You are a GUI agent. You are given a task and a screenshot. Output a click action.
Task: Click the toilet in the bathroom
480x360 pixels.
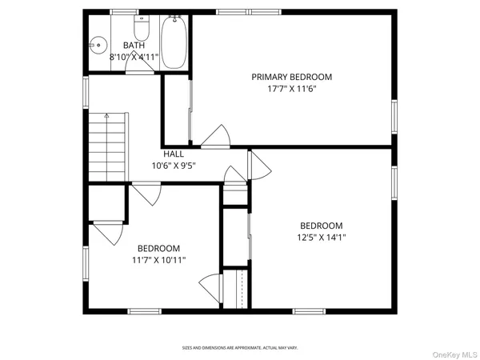[x=142, y=27]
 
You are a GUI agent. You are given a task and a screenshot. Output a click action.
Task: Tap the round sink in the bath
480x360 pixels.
[x=98, y=46]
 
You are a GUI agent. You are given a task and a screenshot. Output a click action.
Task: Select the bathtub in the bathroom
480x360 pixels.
[x=174, y=42]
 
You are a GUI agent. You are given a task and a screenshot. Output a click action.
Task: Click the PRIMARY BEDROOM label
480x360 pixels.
[x=292, y=77]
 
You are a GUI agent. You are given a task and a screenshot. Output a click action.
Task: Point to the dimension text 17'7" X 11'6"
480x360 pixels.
[x=292, y=89]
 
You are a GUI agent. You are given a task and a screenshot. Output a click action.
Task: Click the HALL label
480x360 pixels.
[x=174, y=154]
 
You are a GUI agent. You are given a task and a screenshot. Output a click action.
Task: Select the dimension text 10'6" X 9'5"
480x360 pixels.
[x=174, y=166]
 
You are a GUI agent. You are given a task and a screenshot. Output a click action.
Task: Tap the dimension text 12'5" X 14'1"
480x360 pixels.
[x=322, y=238]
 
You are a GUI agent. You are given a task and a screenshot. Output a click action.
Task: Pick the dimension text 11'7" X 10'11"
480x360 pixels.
[x=159, y=260]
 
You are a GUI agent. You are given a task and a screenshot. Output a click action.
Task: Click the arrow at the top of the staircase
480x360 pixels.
[x=107, y=115]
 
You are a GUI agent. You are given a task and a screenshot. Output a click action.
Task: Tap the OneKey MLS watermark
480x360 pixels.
[x=454, y=354]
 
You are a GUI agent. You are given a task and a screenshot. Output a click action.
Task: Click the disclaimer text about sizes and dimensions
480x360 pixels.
[x=240, y=348]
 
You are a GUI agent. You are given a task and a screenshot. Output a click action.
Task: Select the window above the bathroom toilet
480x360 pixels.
[x=124, y=12]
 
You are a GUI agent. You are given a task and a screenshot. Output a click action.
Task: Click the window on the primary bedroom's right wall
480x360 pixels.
[x=394, y=117]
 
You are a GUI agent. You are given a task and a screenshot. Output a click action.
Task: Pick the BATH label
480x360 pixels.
[x=134, y=46]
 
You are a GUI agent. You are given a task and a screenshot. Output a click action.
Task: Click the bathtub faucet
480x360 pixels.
[x=174, y=19]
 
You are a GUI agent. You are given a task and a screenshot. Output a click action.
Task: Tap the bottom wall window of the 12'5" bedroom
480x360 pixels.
[x=309, y=311]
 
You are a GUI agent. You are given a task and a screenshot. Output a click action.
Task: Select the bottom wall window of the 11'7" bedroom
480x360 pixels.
[x=145, y=311]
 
